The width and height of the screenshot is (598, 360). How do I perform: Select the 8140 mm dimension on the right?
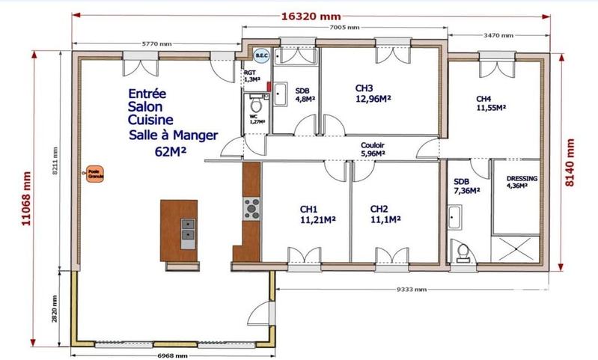pyautogui.click(x=570, y=162)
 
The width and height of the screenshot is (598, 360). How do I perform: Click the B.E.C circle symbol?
pyautogui.click(x=261, y=55)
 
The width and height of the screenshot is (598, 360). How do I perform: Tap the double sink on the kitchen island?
pyautogui.click(x=187, y=229)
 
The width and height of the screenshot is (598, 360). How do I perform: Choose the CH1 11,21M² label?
pyautogui.click(x=317, y=214)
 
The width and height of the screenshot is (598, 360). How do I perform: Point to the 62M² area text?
pyautogui.click(x=171, y=151)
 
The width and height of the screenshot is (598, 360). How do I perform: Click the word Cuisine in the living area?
pyautogui.click(x=151, y=120)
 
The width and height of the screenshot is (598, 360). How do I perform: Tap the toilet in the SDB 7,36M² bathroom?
pyautogui.click(x=462, y=253)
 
